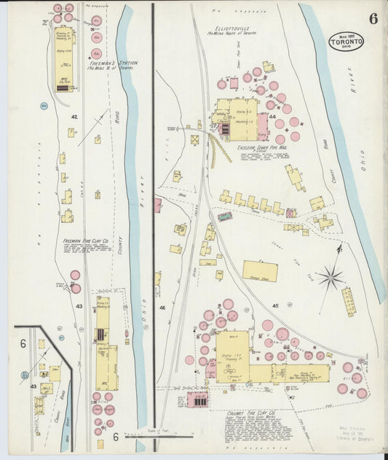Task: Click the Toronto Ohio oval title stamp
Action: click(347, 40)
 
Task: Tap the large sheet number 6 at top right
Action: click(373, 19)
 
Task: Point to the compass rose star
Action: click(330, 277)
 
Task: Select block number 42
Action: click(74, 117)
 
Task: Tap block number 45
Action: click(275, 305)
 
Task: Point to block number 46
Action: click(162, 308)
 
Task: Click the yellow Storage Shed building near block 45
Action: click(260, 271)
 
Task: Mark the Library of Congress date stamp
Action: click(355, 433)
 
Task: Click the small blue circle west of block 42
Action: click(44, 106)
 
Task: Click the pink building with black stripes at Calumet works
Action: click(197, 399)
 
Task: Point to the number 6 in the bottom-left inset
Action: click(23, 343)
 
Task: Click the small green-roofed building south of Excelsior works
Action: click(226, 217)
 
